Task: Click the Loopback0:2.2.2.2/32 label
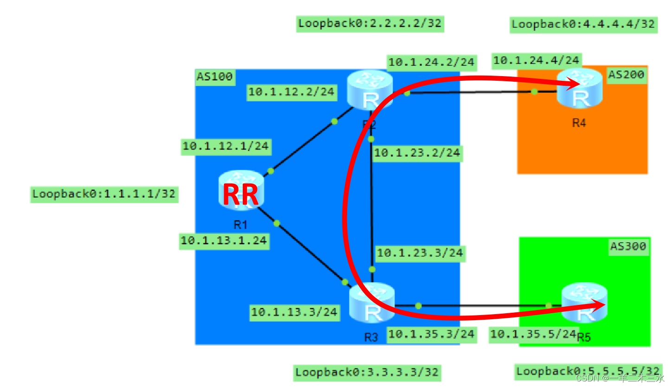pyautogui.click(x=370, y=24)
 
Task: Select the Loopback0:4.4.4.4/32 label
pyautogui.click(x=583, y=24)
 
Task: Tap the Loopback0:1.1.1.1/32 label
pyautogui.click(x=104, y=193)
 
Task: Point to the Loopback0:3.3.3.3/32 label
pyautogui.click(x=367, y=372)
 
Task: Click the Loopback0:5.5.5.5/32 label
pyautogui.click(x=588, y=371)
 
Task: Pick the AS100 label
pyautogui.click(x=214, y=77)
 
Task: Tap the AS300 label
pyautogui.click(x=628, y=246)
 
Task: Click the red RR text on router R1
pyautogui.click(x=240, y=195)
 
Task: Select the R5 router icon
pyautogui.click(x=584, y=304)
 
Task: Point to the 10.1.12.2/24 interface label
pyautogui.click(x=291, y=92)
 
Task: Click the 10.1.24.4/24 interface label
pyautogui.click(x=536, y=60)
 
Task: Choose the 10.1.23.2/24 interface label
pyautogui.click(x=417, y=153)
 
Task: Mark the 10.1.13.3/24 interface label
pyautogui.click(x=294, y=312)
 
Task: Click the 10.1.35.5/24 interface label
pyautogui.click(x=533, y=334)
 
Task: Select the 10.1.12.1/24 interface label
pyautogui.click(x=226, y=146)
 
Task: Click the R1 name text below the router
pyautogui.click(x=240, y=225)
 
